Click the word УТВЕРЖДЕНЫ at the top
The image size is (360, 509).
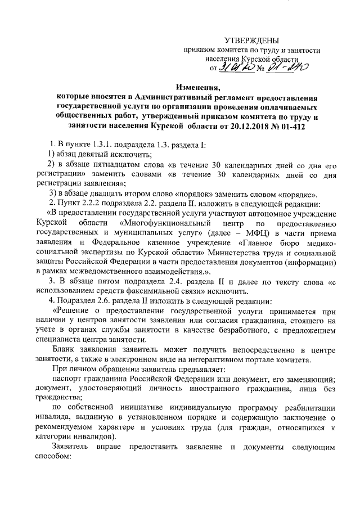[251, 40]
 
